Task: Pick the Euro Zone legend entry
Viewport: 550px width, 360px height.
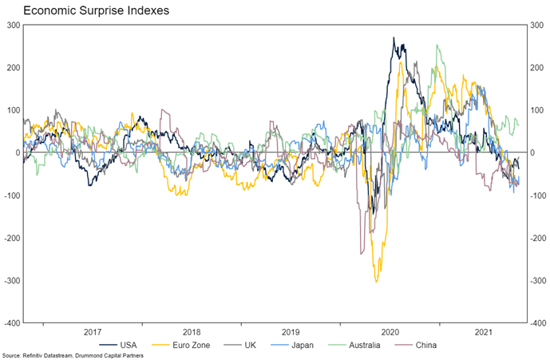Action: [x=196, y=345]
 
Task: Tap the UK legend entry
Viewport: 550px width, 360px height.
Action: [x=255, y=345]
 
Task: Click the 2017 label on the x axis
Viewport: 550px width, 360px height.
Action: [x=92, y=331]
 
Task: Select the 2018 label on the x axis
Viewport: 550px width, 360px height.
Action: [x=192, y=331]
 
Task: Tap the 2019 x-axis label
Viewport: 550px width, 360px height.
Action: [x=291, y=331]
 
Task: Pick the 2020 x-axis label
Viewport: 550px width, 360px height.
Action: [x=390, y=331]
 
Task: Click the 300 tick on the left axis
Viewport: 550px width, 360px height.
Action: [x=14, y=25]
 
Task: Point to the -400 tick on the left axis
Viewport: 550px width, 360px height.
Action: [x=12, y=323]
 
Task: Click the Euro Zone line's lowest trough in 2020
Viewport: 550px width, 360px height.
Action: [x=377, y=281]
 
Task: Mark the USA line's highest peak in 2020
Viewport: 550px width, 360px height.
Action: [x=394, y=38]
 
